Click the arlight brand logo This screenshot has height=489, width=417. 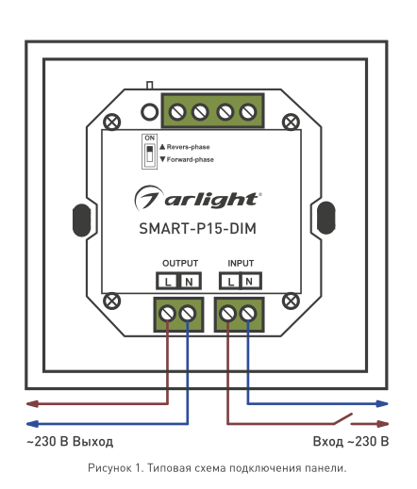[198, 198]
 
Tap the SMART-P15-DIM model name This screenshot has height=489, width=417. [197, 228]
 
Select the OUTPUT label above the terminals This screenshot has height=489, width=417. [180, 263]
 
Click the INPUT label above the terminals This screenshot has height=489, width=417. [241, 263]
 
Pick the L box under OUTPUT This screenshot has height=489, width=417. [168, 281]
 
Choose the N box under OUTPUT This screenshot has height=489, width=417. [190, 281]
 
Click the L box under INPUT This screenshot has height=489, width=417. [230, 281]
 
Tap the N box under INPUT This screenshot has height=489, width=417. [250, 281]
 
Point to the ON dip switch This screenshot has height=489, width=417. [149, 152]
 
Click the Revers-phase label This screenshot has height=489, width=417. [185, 147]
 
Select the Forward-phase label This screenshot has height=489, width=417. [187, 159]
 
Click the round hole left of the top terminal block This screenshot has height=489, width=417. [149, 112]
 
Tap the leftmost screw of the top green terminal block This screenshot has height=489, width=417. [177, 112]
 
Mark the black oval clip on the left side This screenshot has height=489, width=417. [82, 220]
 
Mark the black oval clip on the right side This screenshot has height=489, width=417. [326, 218]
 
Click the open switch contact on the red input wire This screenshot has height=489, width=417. [342, 418]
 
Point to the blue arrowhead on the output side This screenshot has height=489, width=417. [33, 424]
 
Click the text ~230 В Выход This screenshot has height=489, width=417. [70, 442]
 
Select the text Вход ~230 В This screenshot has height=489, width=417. [351, 442]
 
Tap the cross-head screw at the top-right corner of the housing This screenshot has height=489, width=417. [291, 122]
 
